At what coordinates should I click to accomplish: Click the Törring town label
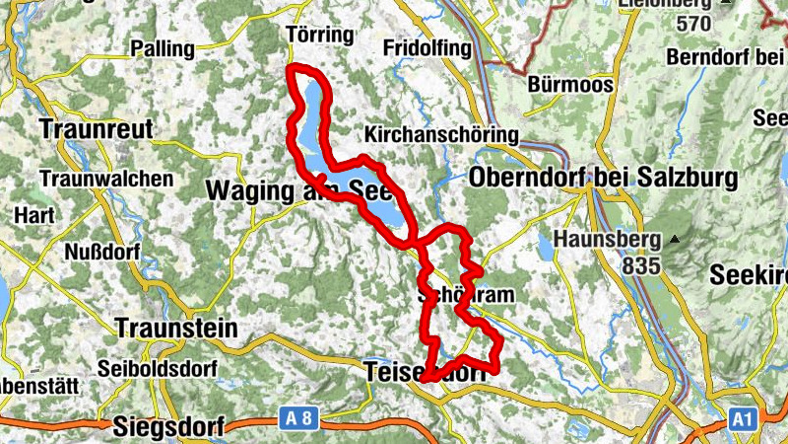click(318, 36)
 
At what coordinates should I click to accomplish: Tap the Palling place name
click(163, 48)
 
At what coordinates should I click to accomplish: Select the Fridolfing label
click(427, 48)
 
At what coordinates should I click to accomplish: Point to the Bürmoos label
click(570, 85)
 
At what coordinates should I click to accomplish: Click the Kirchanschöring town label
click(440, 134)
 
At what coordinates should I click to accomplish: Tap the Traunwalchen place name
click(106, 180)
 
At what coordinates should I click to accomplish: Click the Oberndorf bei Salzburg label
click(604, 179)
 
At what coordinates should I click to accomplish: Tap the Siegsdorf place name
click(168, 426)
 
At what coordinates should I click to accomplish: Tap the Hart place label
click(29, 214)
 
